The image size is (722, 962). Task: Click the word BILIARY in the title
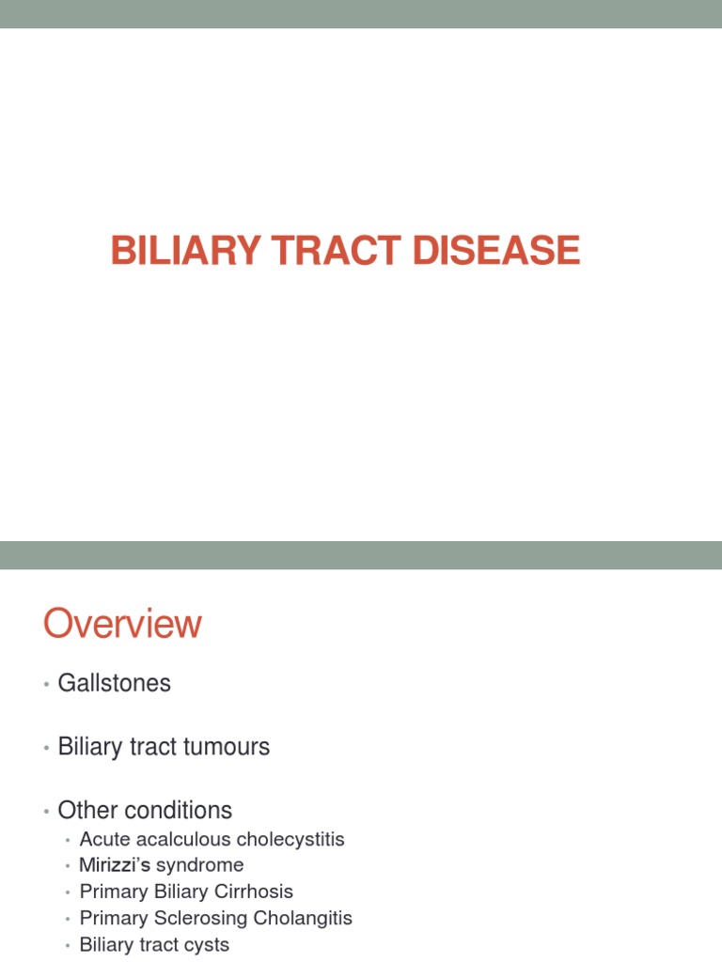pyautogui.click(x=171, y=251)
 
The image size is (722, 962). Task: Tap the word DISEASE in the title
pyautogui.click(x=498, y=251)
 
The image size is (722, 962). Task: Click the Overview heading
pyautogui.click(x=122, y=625)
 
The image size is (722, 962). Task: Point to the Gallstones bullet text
pyautogui.click(x=115, y=684)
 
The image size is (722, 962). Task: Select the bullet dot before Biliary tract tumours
pyautogui.click(x=46, y=749)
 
